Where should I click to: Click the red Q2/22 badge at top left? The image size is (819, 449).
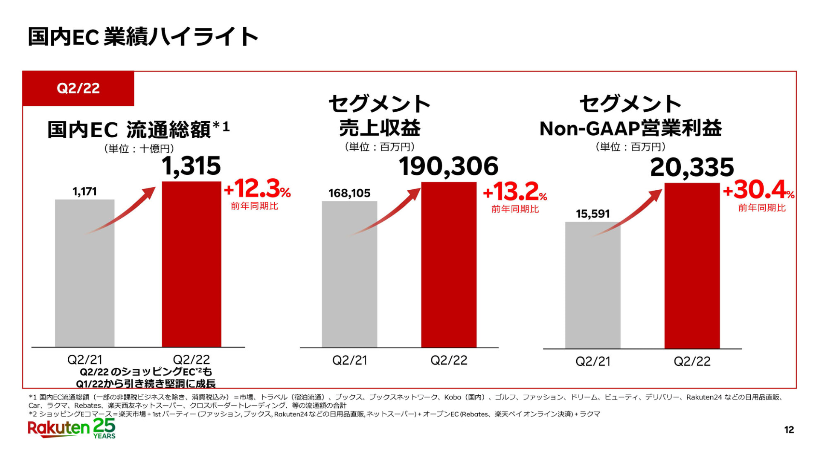click(78, 88)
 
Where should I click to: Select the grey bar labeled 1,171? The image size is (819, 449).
click(84, 273)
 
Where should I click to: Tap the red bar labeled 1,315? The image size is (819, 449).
click(191, 264)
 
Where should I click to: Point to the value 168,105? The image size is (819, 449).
click(349, 193)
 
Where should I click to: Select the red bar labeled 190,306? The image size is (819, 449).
click(449, 264)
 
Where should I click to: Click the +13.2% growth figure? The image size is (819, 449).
click(515, 192)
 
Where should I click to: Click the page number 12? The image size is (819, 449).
click(789, 430)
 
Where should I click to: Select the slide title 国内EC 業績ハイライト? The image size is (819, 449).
click(143, 37)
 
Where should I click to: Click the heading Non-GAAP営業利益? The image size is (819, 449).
click(630, 128)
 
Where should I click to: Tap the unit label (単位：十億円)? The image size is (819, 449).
click(139, 148)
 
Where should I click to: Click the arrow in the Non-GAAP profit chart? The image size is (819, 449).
click(629, 213)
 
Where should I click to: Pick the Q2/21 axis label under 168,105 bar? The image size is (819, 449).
click(349, 361)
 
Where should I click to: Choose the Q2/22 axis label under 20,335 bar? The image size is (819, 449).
click(692, 362)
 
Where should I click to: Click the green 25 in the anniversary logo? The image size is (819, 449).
click(104, 426)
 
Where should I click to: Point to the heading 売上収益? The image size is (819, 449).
click(380, 127)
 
